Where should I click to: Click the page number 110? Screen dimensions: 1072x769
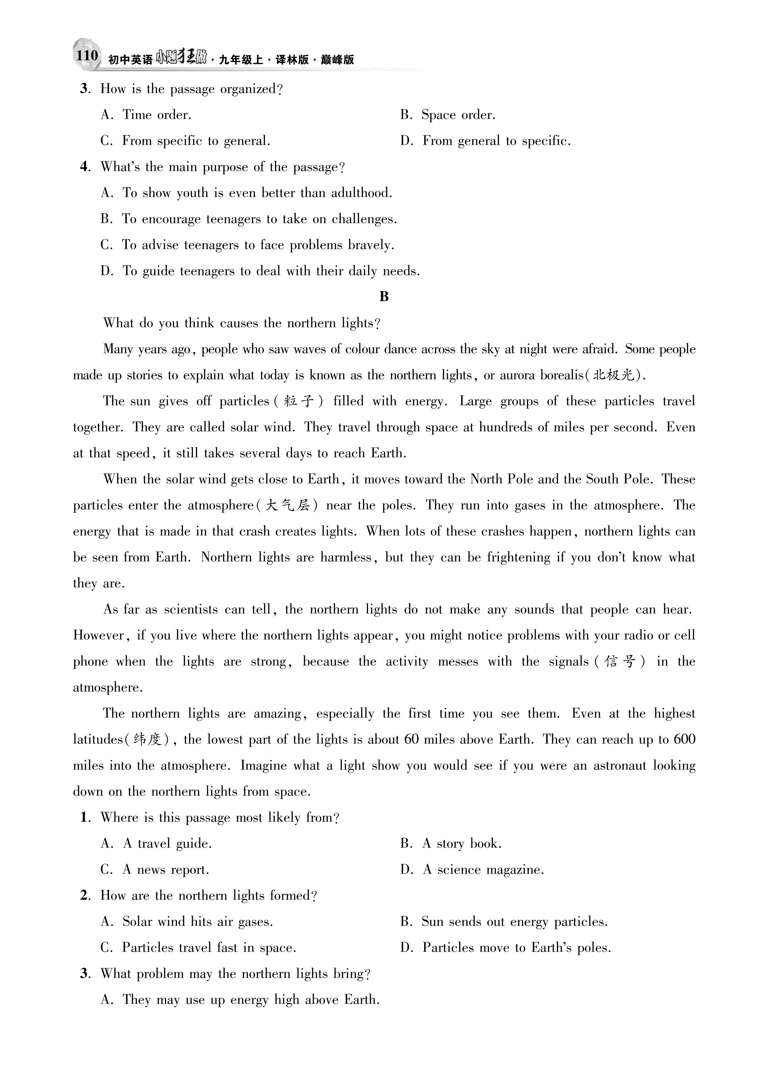[x=87, y=56]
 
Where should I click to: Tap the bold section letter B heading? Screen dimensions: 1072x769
[x=384, y=296]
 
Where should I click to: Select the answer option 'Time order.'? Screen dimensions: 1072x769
[x=156, y=115]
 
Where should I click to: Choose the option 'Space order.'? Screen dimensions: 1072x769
[x=458, y=115]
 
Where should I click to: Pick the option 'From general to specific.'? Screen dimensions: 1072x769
[x=496, y=141]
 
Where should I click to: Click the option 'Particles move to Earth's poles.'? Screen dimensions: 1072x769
[x=516, y=948]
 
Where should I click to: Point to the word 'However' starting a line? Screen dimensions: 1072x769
[x=98, y=635]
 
